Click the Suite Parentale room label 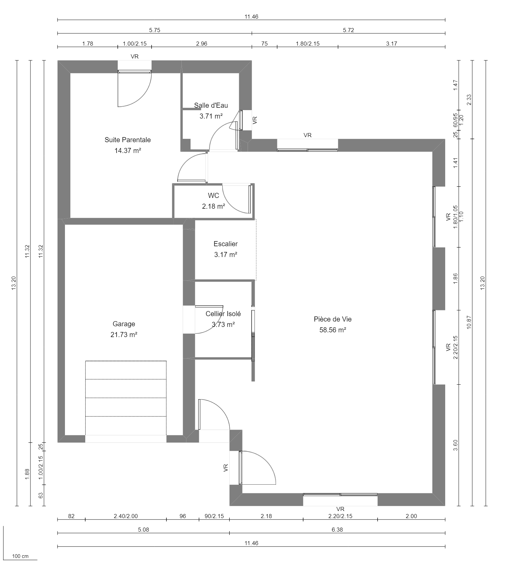tap(128, 140)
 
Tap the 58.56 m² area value tap(333, 330)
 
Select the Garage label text tap(124, 324)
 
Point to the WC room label tap(213, 196)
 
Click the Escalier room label tap(226, 244)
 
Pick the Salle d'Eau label tap(211, 105)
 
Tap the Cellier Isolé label tap(223, 314)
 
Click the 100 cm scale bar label tap(20, 556)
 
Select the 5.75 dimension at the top tap(155, 30)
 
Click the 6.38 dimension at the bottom tap(337, 530)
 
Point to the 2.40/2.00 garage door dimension tap(126, 516)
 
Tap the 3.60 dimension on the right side tap(455, 445)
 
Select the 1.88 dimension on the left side tap(27, 474)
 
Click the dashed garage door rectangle tap(126, 398)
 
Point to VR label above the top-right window tap(308, 135)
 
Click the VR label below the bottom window tap(340, 509)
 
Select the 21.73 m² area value tap(124, 335)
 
